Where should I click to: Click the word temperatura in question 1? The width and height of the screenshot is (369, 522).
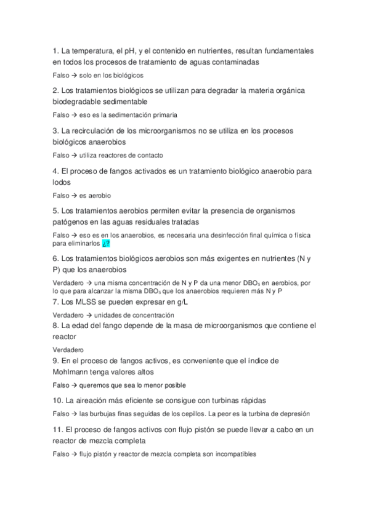[92, 50]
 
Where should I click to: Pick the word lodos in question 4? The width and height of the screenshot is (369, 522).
[62, 182]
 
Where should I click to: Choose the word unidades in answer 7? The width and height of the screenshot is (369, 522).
[107, 315]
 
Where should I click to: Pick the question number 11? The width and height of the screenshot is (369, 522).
[57, 428]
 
